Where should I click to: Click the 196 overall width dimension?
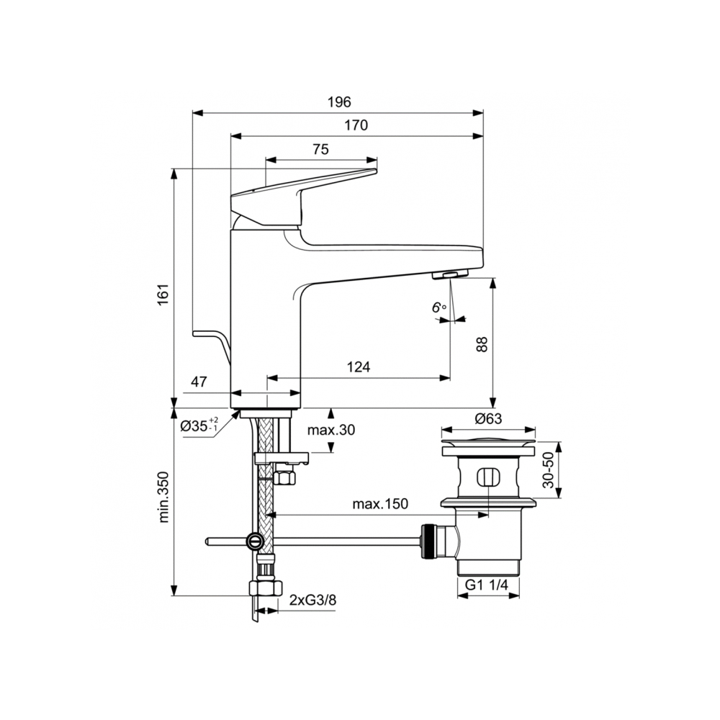pos(339,102)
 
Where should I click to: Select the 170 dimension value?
pos(356,125)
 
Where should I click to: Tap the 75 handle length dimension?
pos(321,149)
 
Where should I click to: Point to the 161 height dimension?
pos(164,294)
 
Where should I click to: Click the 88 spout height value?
pos(482,344)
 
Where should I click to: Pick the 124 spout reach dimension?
pos(358,366)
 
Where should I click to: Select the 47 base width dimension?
pos(199,382)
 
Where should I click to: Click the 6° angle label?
pos(439,307)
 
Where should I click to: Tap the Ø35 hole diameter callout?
pos(199,426)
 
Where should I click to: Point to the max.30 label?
pos(331,431)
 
